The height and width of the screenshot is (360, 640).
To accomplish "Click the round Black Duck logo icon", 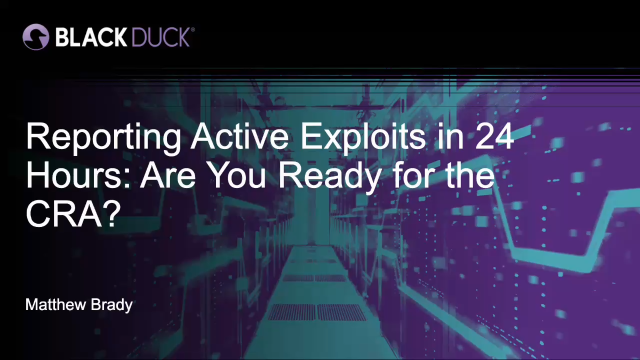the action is point(36,37).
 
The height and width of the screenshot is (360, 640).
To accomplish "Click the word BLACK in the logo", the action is point(91,37).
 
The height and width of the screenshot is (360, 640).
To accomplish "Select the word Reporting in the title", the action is point(104,138).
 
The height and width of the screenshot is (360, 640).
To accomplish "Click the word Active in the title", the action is point(240,136).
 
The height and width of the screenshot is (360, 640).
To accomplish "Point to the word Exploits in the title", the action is point(363,138).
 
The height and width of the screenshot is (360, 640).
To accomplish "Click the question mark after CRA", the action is point(111,213).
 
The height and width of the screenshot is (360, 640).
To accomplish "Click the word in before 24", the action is point(450,136).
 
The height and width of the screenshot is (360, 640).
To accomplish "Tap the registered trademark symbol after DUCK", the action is point(192,29).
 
